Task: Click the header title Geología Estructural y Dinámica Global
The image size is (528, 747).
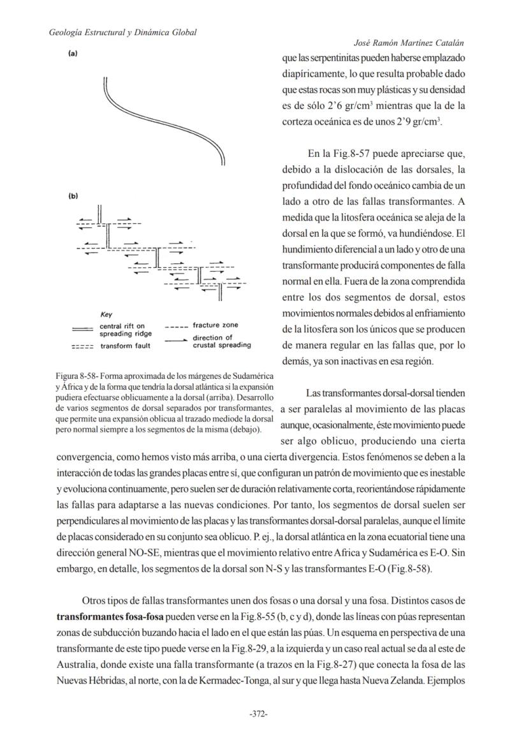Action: pos(122,33)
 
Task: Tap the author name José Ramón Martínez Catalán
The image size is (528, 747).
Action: pos(408,43)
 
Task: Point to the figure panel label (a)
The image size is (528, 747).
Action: pos(73,54)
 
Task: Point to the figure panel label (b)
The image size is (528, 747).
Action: pos(73,196)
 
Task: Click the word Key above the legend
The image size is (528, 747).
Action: pos(106,314)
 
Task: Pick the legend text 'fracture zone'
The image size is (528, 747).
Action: pos(215,325)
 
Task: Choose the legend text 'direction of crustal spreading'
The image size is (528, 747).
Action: pos(221,341)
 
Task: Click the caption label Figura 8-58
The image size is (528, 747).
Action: pos(80,374)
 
